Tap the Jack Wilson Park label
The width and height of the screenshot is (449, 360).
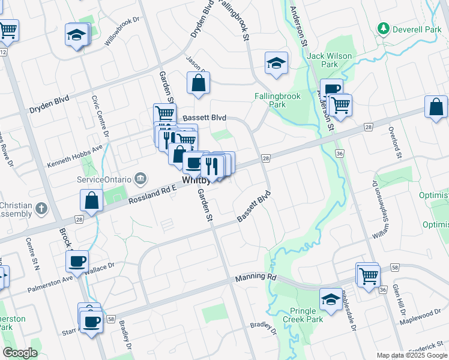(x=330, y=60)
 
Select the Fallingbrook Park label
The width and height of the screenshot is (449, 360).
(x=277, y=100)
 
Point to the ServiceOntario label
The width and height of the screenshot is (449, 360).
(x=100, y=179)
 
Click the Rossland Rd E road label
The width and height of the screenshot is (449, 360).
(x=152, y=196)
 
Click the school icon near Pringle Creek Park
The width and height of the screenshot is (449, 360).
(x=330, y=299)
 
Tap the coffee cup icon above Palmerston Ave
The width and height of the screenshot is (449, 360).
(x=77, y=261)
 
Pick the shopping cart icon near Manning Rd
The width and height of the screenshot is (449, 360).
(x=369, y=275)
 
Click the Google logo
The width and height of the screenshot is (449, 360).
(x=20, y=353)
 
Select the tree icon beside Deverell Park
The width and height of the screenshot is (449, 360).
(x=382, y=28)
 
